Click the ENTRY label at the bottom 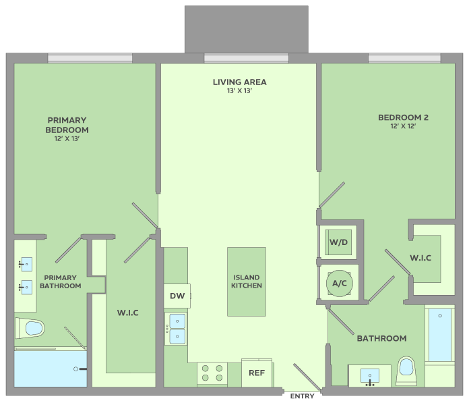pos(302,397)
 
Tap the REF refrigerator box pos(256,373)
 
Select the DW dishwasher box pos(177,296)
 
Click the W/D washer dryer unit pos(338,241)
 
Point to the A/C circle pos(340,283)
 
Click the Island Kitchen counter pos(247,281)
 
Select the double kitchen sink pos(177,328)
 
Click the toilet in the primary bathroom pos(30,329)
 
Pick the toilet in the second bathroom pos(406,369)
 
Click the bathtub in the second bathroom pos(440,336)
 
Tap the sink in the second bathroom pos(370,375)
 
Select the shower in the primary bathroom pos(51,368)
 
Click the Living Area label pos(239,82)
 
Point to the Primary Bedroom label pos(67,125)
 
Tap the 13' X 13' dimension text pos(239,91)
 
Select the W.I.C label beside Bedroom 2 pos(420,258)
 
